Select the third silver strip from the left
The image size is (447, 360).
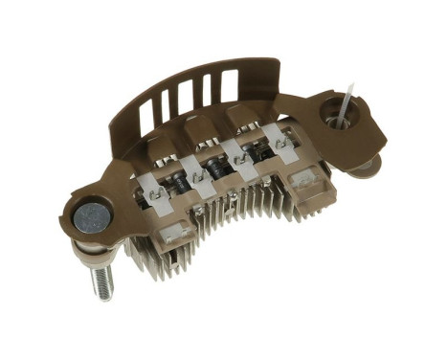(x=239, y=153)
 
